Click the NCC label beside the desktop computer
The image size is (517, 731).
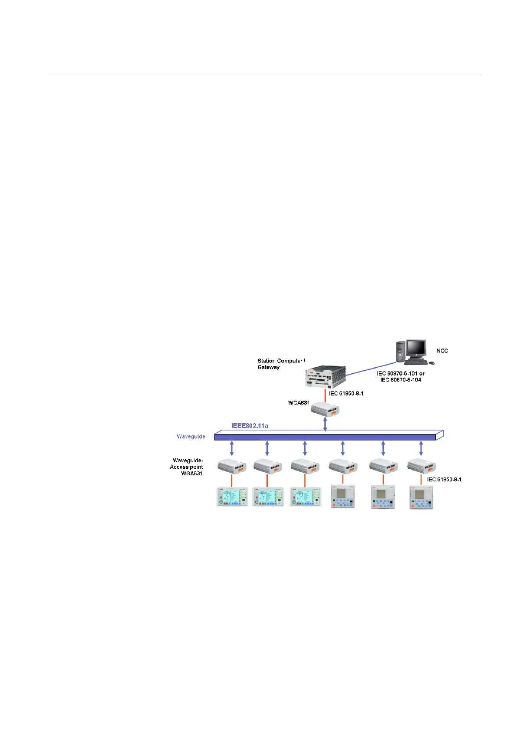[x=442, y=351]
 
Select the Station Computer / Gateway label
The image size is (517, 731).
[x=281, y=364]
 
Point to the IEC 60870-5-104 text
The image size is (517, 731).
[x=401, y=380]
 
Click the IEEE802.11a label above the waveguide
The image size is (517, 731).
[x=250, y=426]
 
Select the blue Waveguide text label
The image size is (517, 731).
[x=191, y=437]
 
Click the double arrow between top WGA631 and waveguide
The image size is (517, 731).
[x=325, y=425]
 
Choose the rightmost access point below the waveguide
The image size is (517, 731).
[x=422, y=466]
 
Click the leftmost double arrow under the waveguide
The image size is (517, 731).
[x=232, y=448]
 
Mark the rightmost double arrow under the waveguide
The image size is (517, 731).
[x=421, y=448]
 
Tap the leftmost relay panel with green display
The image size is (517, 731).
[x=232, y=497]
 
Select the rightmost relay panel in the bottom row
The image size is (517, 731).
[x=422, y=497]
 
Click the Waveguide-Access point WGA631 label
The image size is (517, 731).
[x=187, y=467]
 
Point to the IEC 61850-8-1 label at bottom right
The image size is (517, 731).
[x=444, y=480]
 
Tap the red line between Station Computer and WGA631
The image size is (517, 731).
[x=325, y=395]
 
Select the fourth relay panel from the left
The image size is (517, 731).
[x=343, y=497]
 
